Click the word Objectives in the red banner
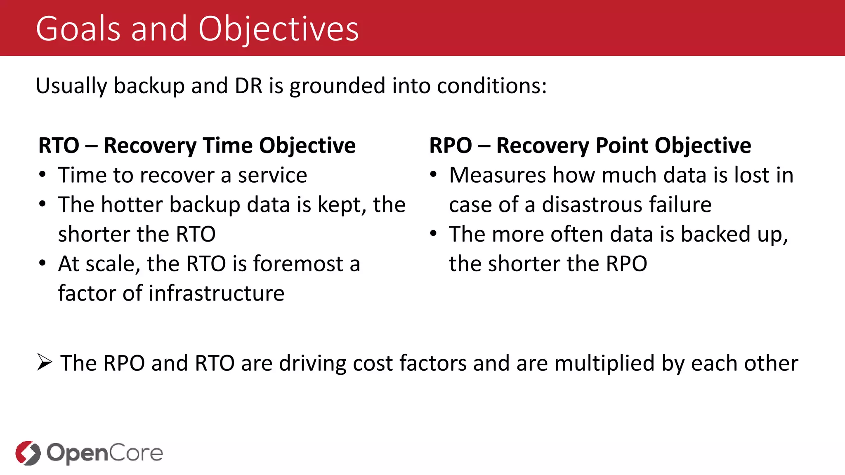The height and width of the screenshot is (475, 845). click(279, 30)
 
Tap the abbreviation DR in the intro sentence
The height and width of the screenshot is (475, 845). click(248, 86)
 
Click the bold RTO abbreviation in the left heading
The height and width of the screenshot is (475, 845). click(59, 146)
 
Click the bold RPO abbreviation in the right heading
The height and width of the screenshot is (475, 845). click(451, 146)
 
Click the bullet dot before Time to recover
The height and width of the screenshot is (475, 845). click(42, 174)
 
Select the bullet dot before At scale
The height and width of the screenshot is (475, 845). click(42, 263)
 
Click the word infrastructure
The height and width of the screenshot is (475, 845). click(216, 293)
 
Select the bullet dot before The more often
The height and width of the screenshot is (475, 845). click(433, 233)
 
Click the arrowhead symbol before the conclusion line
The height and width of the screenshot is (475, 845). click(45, 362)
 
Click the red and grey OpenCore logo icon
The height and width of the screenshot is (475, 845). click(28, 453)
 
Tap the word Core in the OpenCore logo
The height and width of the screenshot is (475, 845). click(136, 453)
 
